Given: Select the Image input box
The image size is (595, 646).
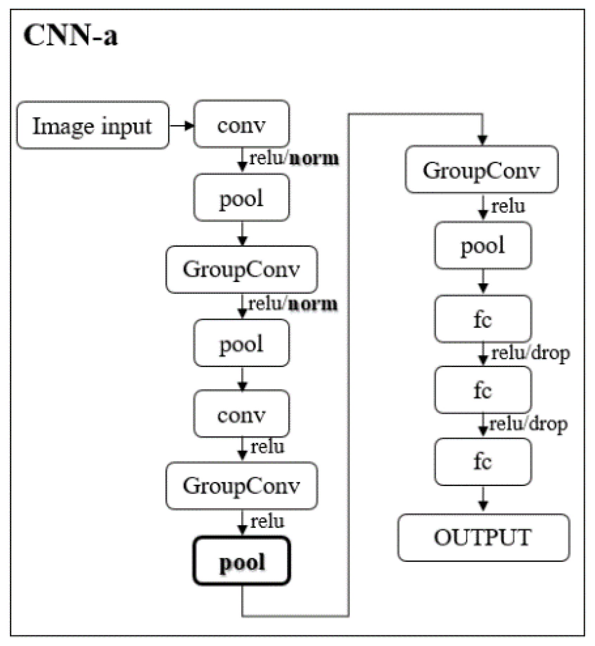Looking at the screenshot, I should coord(92,125).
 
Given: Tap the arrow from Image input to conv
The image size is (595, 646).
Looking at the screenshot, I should coord(181,125).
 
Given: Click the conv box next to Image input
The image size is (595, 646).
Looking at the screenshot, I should coord(241,124).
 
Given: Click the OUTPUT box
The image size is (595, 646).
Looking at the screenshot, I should coord(483,537).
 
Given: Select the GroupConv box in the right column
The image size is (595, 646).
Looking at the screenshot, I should coord(481,170).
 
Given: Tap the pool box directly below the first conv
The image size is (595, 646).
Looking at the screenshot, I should coord(241,198).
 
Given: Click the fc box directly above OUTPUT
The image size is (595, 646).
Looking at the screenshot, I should coord(482,462).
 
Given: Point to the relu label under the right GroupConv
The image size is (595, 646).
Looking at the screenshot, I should coord(508,206).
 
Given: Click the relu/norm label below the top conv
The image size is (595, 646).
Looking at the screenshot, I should coord(294,158).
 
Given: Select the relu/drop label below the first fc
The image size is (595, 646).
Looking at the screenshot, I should coord(530,353).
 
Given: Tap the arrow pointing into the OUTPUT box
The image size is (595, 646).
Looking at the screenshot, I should coord(483,500).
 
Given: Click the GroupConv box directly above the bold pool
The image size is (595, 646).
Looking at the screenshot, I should coord(242,486).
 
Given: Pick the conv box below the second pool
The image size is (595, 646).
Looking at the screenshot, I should coord(241,414).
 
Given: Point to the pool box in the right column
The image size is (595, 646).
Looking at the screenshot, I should coord(482,245).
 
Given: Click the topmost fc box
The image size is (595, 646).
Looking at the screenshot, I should coord(482,319).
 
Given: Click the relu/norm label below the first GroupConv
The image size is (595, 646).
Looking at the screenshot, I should coord(293,304).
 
